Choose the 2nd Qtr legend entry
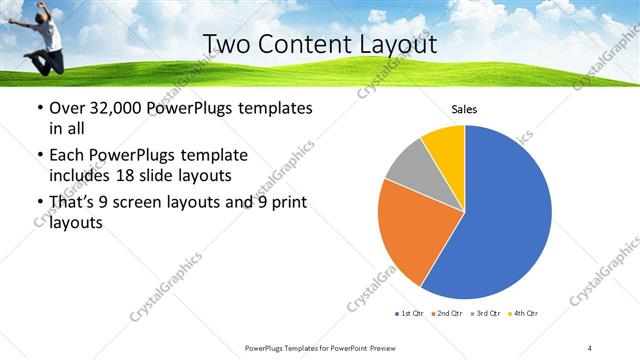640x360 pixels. click(x=446, y=314)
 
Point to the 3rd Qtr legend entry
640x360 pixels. click(x=485, y=314)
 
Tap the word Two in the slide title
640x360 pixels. click(x=227, y=44)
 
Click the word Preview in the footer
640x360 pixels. click(x=380, y=348)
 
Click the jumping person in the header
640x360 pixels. click(x=43, y=35)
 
